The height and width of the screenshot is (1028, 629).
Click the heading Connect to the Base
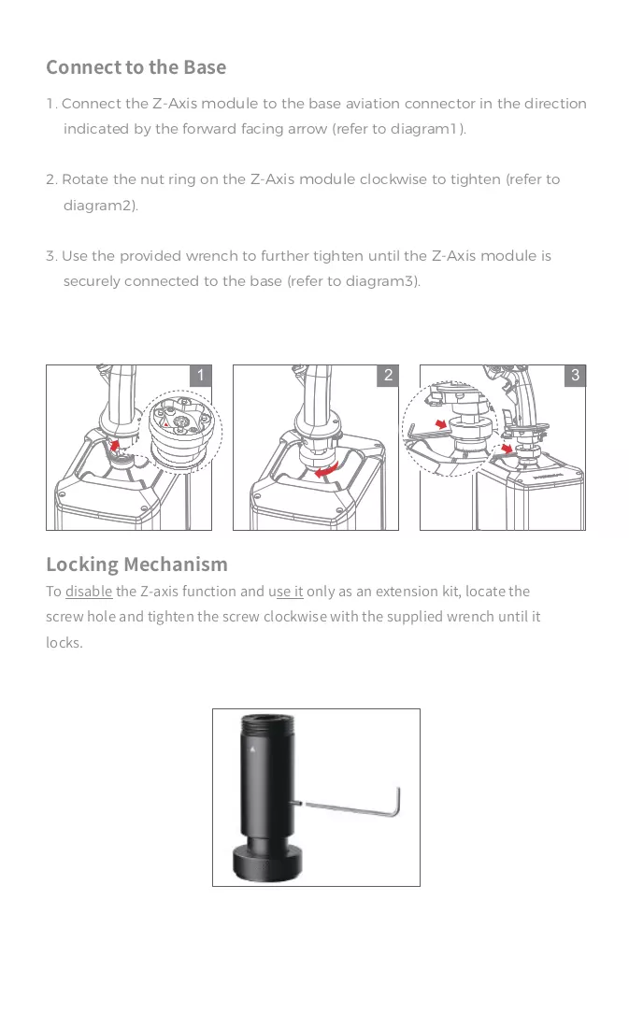click(136, 67)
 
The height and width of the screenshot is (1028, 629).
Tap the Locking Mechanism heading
click(137, 564)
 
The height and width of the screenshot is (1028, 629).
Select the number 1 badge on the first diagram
click(201, 375)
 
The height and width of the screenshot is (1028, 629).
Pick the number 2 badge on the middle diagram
click(388, 375)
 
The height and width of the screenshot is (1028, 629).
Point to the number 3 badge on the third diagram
click(575, 375)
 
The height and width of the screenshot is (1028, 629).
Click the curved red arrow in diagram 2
click(326, 470)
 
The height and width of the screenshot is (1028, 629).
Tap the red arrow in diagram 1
click(115, 446)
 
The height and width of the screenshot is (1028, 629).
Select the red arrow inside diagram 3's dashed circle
click(441, 424)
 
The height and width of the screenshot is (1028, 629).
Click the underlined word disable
click(89, 592)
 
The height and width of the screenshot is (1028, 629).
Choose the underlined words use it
click(289, 592)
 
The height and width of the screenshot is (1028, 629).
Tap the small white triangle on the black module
click(252, 748)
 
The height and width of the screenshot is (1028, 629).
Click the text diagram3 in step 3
click(381, 281)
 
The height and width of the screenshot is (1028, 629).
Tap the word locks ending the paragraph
click(64, 643)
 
